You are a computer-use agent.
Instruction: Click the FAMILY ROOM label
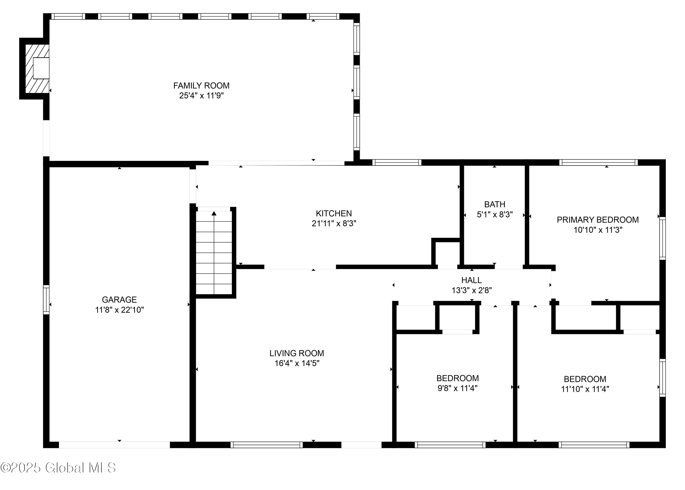tap(201, 86)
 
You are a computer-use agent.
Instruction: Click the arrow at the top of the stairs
tap(214, 214)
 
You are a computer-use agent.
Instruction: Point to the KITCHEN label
tap(334, 214)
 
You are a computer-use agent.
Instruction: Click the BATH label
tap(495, 204)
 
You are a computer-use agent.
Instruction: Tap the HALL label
tap(471, 280)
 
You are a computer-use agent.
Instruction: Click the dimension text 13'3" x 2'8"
tap(472, 290)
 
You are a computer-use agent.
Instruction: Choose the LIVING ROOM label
tap(296, 353)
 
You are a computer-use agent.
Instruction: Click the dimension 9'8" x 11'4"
tap(457, 388)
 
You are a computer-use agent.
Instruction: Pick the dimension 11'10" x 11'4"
tap(585, 389)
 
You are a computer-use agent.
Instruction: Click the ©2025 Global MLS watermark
tap(58, 468)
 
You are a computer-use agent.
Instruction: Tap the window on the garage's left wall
tap(46, 300)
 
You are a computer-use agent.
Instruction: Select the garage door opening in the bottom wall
tap(114, 445)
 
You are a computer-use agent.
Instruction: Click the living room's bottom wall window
tap(266, 445)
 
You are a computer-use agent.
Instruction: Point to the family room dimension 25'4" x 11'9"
tap(201, 96)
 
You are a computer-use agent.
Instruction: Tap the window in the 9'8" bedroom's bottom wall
tap(450, 445)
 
